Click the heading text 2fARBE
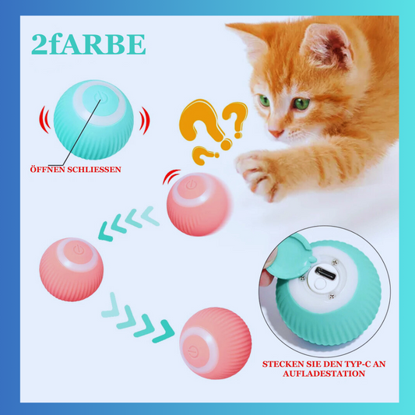(x=89, y=44)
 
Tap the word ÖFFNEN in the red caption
(x=47, y=169)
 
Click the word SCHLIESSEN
(x=94, y=170)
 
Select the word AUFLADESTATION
(x=324, y=374)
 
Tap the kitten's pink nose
(x=276, y=133)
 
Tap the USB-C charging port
(x=325, y=273)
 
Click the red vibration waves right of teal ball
(x=145, y=121)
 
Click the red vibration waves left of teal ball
(x=44, y=120)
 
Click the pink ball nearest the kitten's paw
(x=199, y=204)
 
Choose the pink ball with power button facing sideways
(x=216, y=343)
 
